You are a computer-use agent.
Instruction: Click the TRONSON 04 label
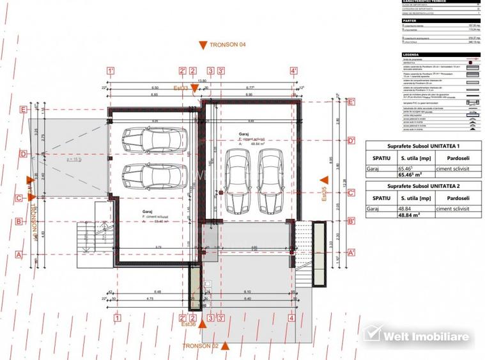coord(228,45)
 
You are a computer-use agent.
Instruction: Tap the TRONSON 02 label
coord(200,346)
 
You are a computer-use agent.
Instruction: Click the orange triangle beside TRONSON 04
coord(203,45)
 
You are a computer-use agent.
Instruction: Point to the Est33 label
coord(180,88)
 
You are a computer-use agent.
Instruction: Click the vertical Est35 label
coord(323,193)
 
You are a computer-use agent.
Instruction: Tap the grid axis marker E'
coord(351,102)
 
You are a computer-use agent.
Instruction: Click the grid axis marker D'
coord(351,141)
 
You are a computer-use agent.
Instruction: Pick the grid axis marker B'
coord(351,221)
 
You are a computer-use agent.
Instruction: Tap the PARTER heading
coord(410,20)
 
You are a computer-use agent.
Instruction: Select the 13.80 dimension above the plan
coord(202,81)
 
